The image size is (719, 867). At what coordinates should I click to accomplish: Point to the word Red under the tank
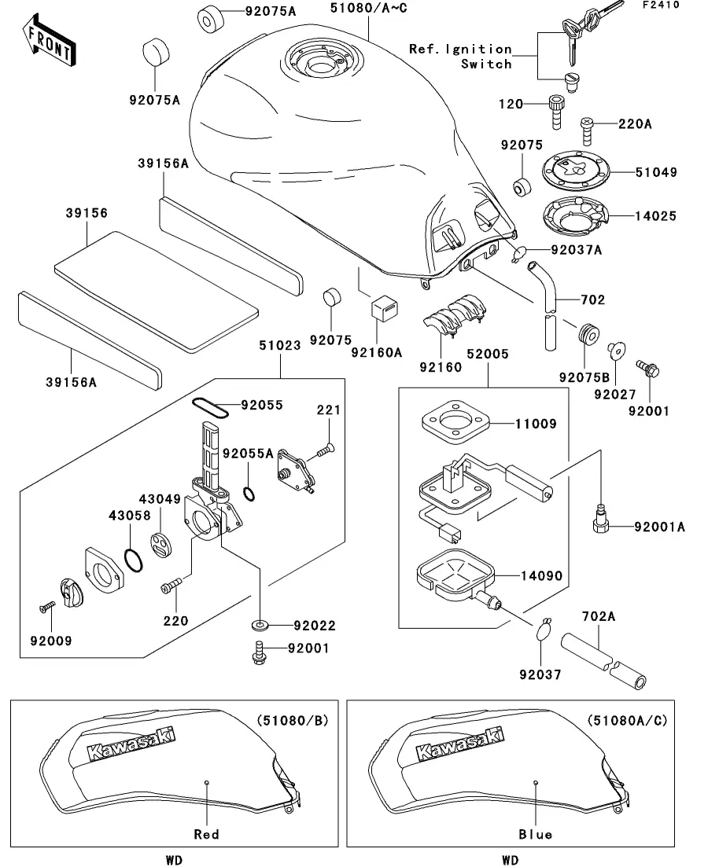206,834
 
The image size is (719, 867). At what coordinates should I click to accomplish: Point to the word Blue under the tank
536,834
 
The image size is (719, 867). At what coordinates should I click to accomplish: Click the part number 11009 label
535,424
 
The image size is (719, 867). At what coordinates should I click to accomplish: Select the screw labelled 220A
587,129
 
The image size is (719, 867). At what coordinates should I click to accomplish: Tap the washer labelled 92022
259,626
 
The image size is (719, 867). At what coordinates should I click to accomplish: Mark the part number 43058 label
128,515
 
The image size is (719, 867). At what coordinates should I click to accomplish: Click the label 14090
541,576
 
